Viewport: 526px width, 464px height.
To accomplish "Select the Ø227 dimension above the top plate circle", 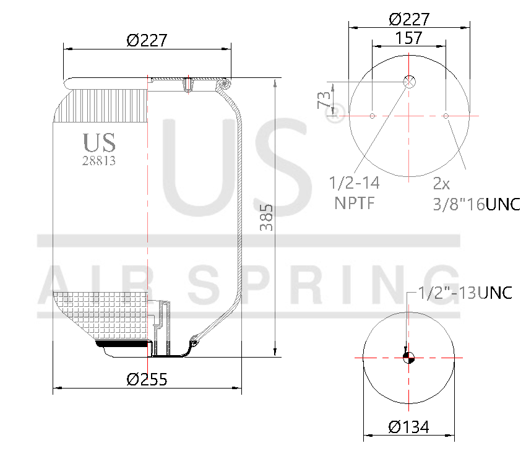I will pyautogui.click(x=409, y=19).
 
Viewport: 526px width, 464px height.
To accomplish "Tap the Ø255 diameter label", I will pyautogui.click(x=147, y=379).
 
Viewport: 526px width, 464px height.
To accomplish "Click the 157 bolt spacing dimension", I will pyautogui.click(x=409, y=38).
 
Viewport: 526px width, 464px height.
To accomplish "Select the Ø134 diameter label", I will pyautogui.click(x=408, y=427).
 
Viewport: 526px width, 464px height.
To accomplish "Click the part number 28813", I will pyautogui.click(x=99, y=160).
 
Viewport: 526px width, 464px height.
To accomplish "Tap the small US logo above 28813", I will pyautogui.click(x=99, y=142).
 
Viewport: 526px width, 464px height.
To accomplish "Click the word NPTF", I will pyautogui.click(x=355, y=203).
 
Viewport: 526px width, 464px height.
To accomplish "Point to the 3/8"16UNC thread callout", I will pyautogui.click(x=476, y=204).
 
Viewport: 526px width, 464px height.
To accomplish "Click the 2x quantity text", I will pyautogui.click(x=441, y=184).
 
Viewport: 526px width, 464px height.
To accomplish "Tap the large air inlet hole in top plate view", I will pyautogui.click(x=410, y=82).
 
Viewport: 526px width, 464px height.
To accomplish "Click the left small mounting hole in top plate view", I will pyautogui.click(x=372, y=116).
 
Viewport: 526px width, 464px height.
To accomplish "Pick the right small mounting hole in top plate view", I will pyautogui.click(x=446, y=116).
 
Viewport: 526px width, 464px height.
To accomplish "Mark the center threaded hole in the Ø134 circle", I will pyautogui.click(x=408, y=357).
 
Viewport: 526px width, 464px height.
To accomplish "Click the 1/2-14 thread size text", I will pyautogui.click(x=354, y=184).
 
